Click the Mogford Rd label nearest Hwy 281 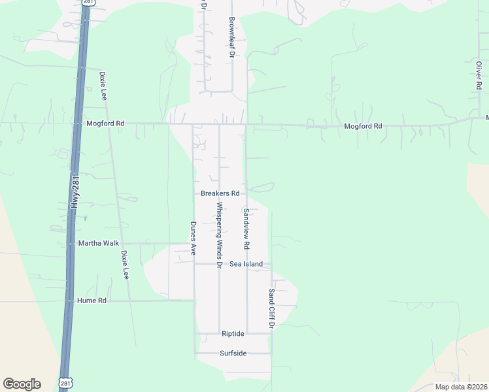pos(105,123)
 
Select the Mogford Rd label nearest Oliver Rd pos(363,125)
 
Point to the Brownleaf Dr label pos(231,38)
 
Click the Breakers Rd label pos(220,193)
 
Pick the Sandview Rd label pos(246,229)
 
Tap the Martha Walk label pos(99,243)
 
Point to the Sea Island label pos(246,264)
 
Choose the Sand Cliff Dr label pos(271,308)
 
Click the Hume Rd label pos(92,301)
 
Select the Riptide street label pos(233,334)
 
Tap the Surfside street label pos(233,353)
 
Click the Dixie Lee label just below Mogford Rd pos(103,86)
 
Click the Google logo pos(22,384)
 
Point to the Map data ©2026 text pos(460,387)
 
